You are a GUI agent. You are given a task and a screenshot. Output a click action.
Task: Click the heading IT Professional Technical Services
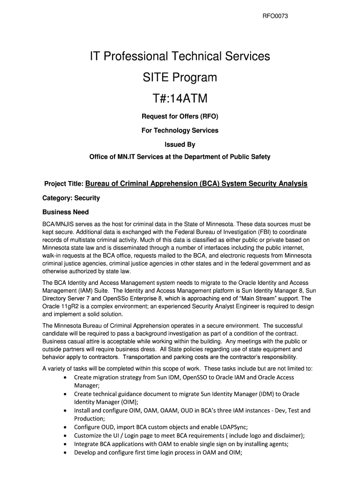(180, 57)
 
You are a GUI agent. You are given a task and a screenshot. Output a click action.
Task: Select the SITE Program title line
(180, 78)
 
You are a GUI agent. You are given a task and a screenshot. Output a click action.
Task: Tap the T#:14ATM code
(180, 99)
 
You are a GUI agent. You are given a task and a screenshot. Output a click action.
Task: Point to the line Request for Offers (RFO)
(180, 116)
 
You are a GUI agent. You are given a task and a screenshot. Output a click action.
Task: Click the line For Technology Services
(180, 131)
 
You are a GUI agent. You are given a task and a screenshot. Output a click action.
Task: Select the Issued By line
(180, 145)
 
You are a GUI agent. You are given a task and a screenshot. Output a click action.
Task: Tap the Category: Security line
(71, 198)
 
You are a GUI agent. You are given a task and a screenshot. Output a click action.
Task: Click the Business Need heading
(65, 212)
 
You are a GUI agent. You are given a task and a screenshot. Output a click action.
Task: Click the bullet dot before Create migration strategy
(64, 377)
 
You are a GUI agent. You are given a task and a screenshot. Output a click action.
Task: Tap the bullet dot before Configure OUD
(64, 427)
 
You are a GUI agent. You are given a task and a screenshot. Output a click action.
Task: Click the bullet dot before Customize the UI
(64, 435)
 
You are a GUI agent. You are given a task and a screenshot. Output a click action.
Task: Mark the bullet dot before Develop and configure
(64, 452)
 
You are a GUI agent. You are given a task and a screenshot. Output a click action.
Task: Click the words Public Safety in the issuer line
(250, 157)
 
